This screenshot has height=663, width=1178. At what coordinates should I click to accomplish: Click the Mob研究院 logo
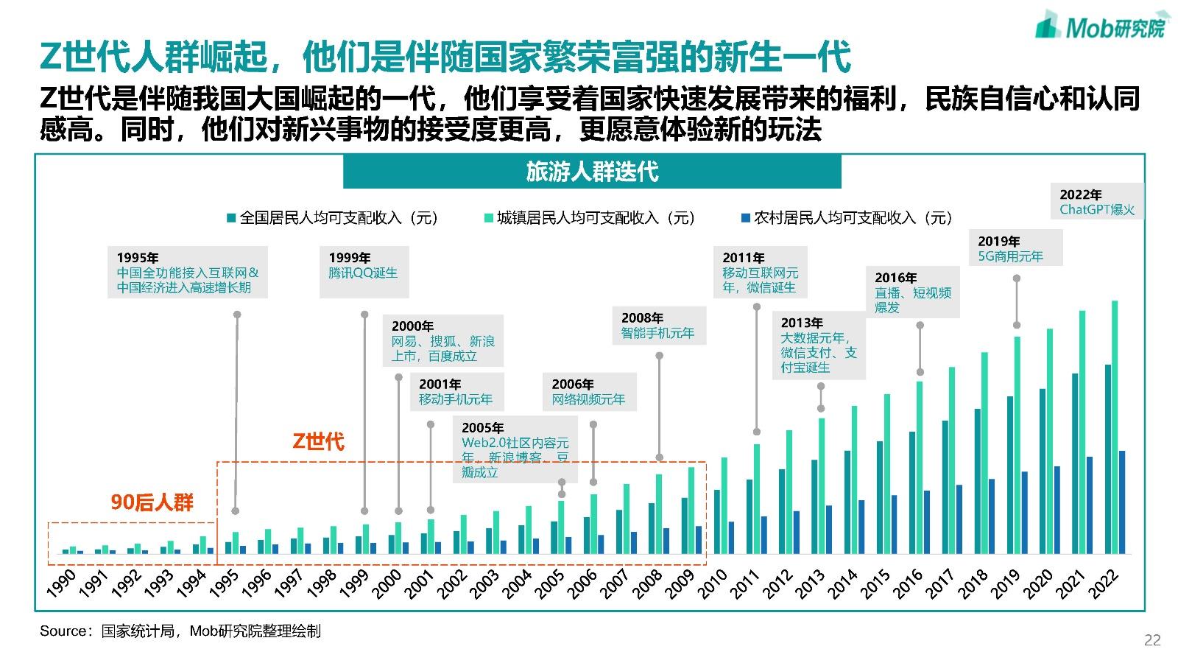point(1101,25)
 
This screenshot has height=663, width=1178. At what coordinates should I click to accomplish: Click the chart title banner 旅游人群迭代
point(592,172)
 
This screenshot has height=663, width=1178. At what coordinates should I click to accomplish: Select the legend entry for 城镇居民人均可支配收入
point(588,218)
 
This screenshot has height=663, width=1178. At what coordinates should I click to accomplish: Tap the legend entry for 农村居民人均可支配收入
point(846,218)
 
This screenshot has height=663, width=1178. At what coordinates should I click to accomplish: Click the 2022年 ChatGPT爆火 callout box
point(1097,202)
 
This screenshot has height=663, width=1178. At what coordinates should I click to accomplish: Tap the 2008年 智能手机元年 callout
point(658,326)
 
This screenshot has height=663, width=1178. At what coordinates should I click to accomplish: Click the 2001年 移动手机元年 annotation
point(456,392)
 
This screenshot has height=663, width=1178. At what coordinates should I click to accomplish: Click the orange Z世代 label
point(318,441)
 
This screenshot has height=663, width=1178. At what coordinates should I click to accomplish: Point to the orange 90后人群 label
point(152,502)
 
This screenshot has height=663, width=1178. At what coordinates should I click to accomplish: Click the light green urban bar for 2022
point(1115,427)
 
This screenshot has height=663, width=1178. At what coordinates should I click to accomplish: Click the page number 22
point(1152,640)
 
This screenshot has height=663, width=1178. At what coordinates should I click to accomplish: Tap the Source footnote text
point(180,631)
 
